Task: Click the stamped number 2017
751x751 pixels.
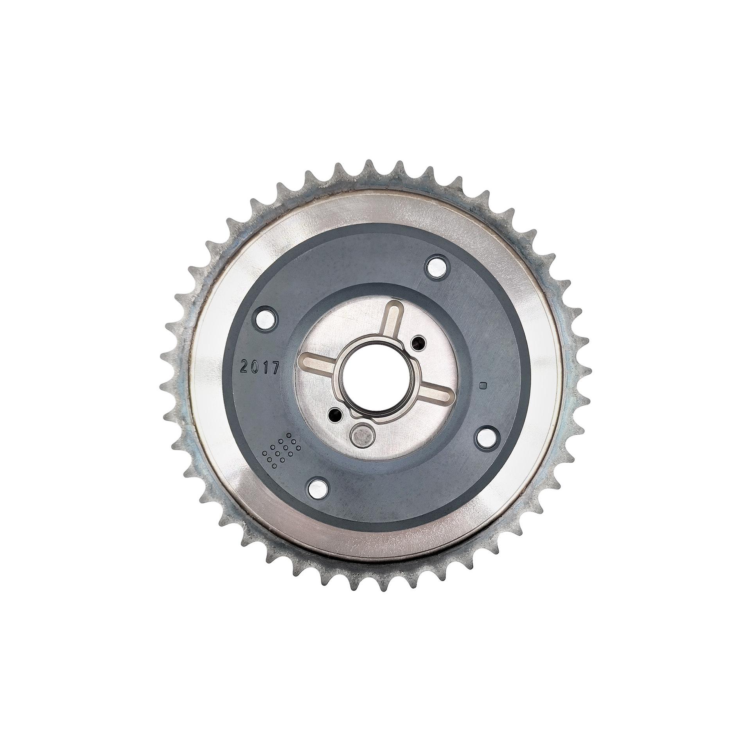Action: click(260, 368)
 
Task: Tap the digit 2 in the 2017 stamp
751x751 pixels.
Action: click(245, 368)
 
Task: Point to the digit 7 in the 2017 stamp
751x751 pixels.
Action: click(276, 368)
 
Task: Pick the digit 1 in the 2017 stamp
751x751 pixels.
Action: click(266, 368)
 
